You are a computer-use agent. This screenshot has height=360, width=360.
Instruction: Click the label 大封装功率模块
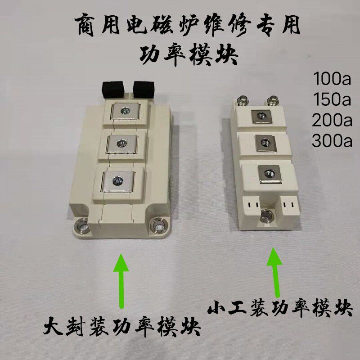(122, 326)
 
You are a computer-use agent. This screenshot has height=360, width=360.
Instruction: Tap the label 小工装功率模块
(280, 308)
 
